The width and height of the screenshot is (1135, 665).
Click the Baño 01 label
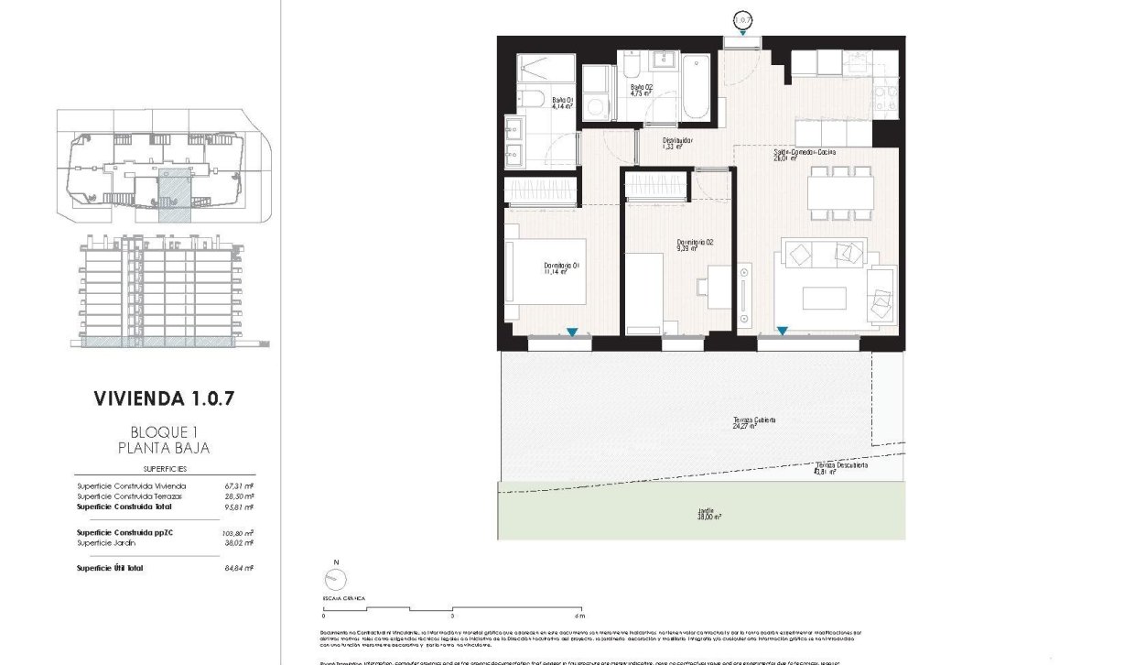coord(562,103)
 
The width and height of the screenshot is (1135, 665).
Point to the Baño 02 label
coord(641,90)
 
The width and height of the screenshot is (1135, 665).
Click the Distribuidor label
coord(678,144)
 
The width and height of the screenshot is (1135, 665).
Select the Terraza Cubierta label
coord(754,422)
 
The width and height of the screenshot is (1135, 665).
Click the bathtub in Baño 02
coord(696,87)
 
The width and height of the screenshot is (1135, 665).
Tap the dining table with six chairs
coord(839,191)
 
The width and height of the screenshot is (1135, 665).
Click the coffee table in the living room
coord(825,299)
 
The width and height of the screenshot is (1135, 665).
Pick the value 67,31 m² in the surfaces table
coord(239,485)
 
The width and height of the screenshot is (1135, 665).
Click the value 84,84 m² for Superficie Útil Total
coord(239,568)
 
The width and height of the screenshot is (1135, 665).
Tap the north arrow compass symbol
coord(337,579)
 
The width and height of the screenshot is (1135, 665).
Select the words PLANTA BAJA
coord(164,448)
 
